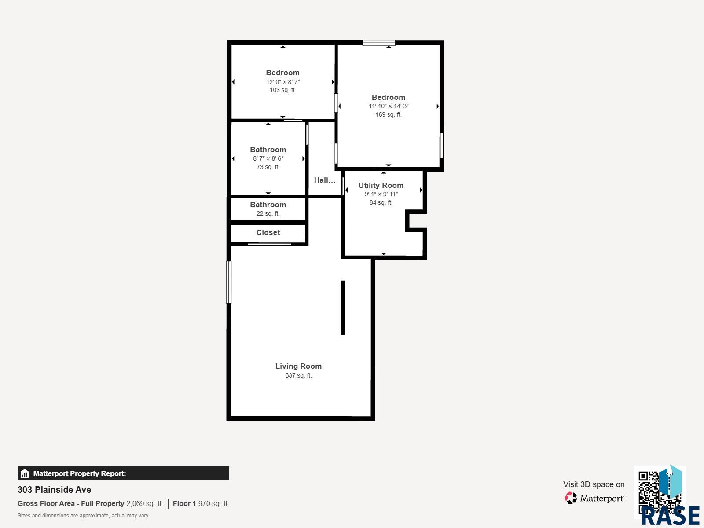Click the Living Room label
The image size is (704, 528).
298,366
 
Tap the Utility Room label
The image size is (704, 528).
381,185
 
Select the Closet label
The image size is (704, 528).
268,232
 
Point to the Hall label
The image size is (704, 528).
325,180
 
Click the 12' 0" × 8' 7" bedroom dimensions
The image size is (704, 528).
282,82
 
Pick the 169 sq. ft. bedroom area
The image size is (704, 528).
389,114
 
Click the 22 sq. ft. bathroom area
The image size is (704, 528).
268,213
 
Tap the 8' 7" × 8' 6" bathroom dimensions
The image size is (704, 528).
268,158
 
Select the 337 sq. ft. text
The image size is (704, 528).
298,375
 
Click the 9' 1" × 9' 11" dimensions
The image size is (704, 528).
381,194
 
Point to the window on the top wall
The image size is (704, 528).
379,43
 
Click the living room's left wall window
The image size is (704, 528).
229,282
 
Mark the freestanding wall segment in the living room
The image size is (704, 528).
343,308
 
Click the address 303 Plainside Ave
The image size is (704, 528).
54,490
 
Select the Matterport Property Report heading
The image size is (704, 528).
80,473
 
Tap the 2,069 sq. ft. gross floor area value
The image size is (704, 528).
145,504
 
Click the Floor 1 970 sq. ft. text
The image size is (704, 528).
201,504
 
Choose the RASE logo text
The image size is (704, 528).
670,516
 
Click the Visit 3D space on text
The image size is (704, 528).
594,484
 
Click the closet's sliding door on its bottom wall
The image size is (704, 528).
269,244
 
